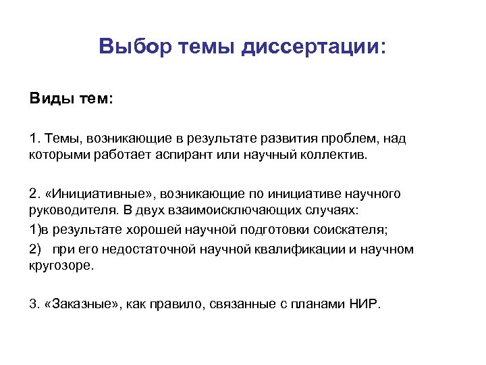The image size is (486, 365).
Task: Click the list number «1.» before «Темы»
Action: coord(35,139)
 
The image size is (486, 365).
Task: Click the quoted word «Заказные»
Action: coord(82,304)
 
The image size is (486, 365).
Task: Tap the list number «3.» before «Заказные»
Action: coord(35,304)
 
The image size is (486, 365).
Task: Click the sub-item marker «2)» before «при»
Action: coord(36,249)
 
